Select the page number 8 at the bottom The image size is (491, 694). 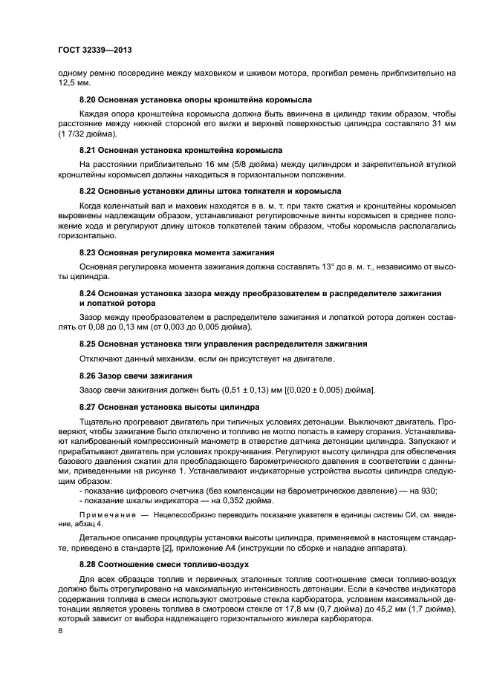click(x=60, y=630)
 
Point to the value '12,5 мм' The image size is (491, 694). click(x=74, y=85)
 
